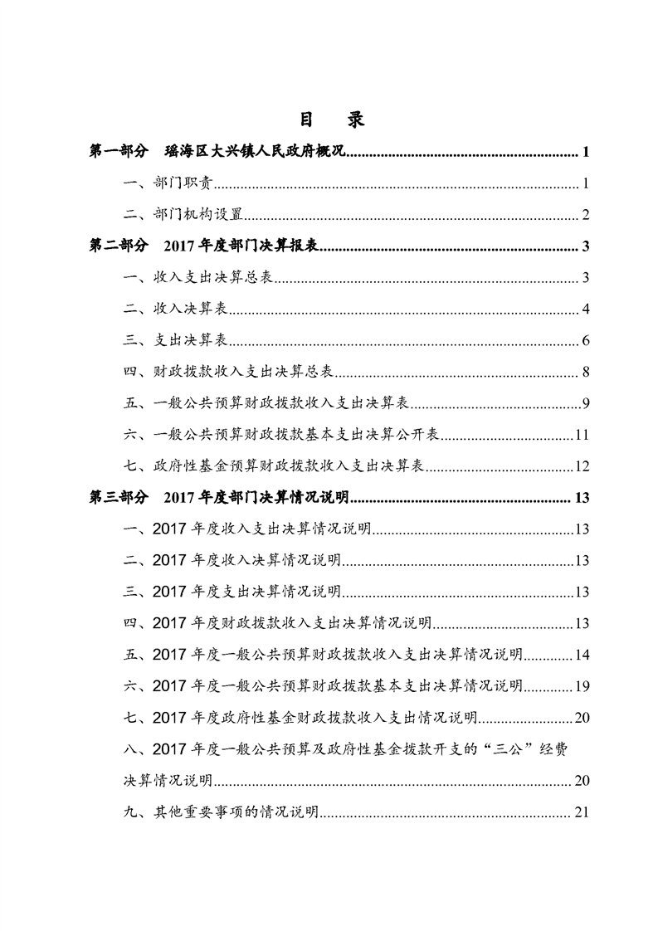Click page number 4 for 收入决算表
[585, 310]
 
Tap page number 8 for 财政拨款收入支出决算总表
[585, 373]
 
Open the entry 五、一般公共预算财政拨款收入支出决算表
[266, 404]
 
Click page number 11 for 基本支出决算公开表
[582, 436]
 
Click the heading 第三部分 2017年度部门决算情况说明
[220, 498]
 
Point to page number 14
[582, 655]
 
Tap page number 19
[582, 686]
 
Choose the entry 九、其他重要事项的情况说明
[221, 812]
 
